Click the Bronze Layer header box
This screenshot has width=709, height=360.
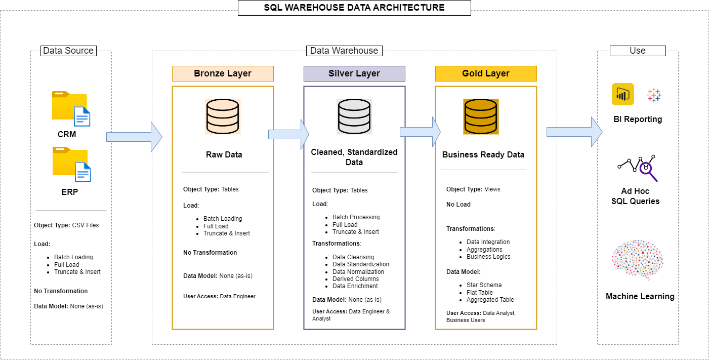coord(223,73)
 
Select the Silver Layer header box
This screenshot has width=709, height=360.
coord(354,73)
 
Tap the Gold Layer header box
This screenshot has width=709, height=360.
coord(486,73)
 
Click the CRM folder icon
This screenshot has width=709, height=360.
coord(71,108)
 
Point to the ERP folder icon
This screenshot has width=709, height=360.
coord(71,164)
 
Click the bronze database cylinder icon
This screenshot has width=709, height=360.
coord(223,116)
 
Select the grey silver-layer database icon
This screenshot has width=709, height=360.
coord(354,116)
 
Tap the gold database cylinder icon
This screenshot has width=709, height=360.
coord(481,116)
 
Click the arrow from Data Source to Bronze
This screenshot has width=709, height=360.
coord(134,137)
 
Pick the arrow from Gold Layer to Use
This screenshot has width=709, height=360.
coord(574,132)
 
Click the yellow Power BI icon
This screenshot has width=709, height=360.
coord(622,94)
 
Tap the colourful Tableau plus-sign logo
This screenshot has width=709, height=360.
coord(654,95)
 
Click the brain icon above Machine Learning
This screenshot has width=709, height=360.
coord(638,260)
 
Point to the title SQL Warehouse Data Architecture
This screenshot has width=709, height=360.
coord(354,8)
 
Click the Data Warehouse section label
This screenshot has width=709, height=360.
coord(344,51)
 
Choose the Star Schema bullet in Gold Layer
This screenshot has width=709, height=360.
coord(484,285)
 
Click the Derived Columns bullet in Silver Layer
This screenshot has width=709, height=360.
coord(355,279)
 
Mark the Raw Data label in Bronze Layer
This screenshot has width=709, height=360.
coord(224,154)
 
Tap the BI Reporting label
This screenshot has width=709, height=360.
coord(638,119)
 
